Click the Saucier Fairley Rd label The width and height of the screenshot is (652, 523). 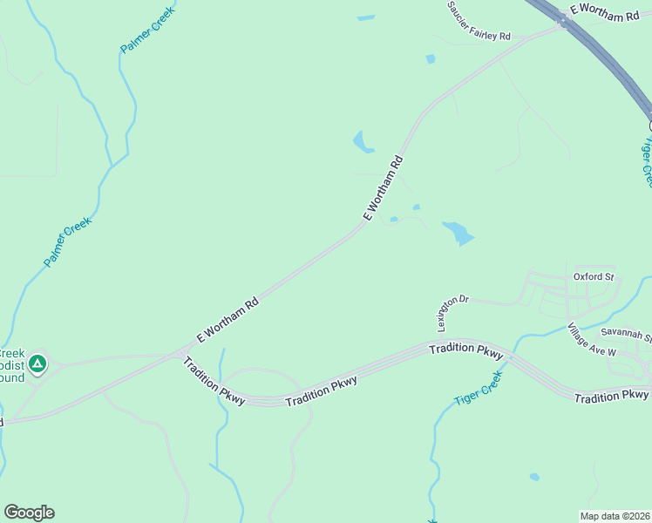tap(478, 21)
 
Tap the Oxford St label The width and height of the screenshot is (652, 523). tap(594, 277)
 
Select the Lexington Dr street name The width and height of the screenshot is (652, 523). tap(452, 312)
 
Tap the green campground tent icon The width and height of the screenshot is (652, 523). tap(37, 363)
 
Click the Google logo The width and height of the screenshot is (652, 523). tap(29, 513)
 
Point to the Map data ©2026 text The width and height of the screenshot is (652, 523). tap(615, 516)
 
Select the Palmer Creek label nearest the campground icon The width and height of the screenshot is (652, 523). tap(68, 242)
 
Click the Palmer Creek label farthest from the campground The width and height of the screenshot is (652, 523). tap(147, 31)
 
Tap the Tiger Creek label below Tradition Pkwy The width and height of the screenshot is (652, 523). tap(479, 389)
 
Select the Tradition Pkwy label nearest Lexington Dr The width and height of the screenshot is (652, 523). tap(466, 350)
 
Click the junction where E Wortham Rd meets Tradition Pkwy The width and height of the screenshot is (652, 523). tap(181, 353)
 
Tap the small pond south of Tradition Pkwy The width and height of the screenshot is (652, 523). tap(534, 477)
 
